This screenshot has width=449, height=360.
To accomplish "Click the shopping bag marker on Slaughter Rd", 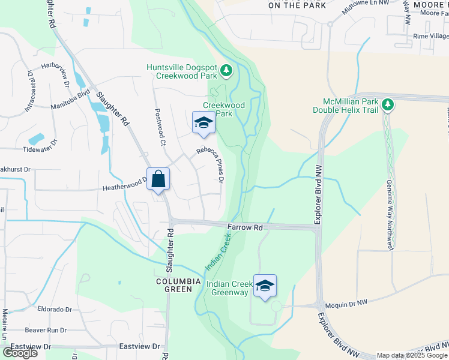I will click(x=158, y=179).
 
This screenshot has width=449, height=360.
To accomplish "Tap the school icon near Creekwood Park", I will click(x=203, y=123).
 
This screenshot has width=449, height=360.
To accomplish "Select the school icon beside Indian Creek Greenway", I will click(x=265, y=286).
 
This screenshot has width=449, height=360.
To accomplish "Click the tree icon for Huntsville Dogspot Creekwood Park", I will click(x=226, y=72).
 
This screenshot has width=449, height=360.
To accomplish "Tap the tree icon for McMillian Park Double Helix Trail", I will click(x=388, y=105).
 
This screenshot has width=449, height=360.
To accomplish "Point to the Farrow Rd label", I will click(x=246, y=228).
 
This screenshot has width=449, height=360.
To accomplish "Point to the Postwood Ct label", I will click(x=160, y=127).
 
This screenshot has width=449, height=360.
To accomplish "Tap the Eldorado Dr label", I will click(x=54, y=310).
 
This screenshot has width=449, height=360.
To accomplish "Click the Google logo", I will click(x=20, y=353).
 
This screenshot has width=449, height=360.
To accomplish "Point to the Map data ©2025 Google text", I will click(x=411, y=355).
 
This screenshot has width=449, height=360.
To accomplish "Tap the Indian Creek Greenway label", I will click(x=227, y=288).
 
